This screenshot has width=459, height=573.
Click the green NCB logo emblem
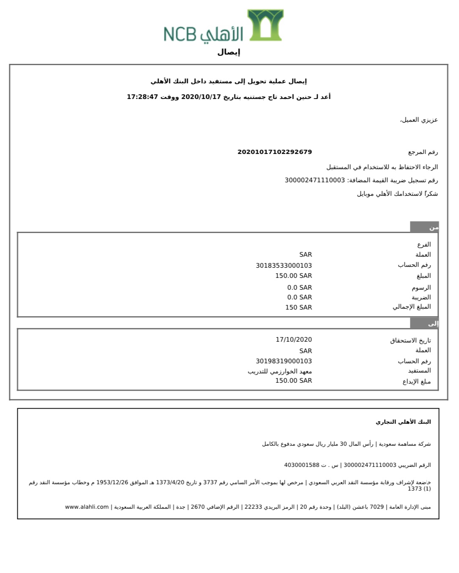(266, 25)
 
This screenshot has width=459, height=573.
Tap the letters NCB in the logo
(180, 34)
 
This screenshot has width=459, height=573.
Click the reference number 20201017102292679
(275, 152)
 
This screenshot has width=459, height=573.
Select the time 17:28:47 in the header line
(142, 97)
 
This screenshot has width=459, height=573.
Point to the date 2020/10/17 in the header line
(201, 97)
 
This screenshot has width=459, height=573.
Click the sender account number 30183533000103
(283, 266)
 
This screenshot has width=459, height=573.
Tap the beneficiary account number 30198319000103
(283, 361)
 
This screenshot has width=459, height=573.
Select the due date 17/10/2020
(294, 340)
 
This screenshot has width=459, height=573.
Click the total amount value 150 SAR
(298, 307)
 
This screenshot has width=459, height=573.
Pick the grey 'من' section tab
(424, 227)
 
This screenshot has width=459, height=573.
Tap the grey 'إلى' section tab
(424, 324)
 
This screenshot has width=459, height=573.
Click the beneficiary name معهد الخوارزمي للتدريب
(280, 371)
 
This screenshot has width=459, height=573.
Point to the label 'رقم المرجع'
(423, 152)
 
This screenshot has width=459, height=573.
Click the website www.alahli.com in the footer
(87, 507)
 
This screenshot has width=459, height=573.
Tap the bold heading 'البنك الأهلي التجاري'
(403, 422)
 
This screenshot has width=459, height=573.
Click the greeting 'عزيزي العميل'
(419, 120)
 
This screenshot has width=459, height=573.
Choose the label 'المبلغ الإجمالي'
(411, 307)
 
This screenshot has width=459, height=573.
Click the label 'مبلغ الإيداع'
(416, 381)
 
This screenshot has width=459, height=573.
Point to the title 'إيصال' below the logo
(228, 52)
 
